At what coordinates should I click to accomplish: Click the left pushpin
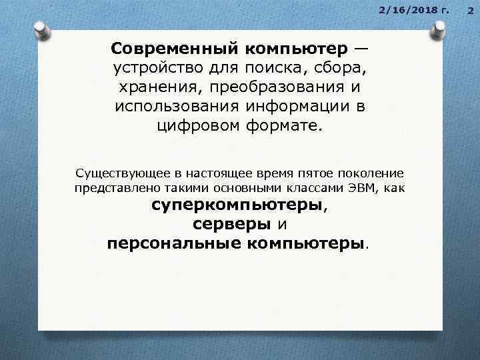coord(42,30)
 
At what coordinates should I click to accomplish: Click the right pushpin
coord(439,29)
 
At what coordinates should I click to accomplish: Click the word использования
coord(176,107)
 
